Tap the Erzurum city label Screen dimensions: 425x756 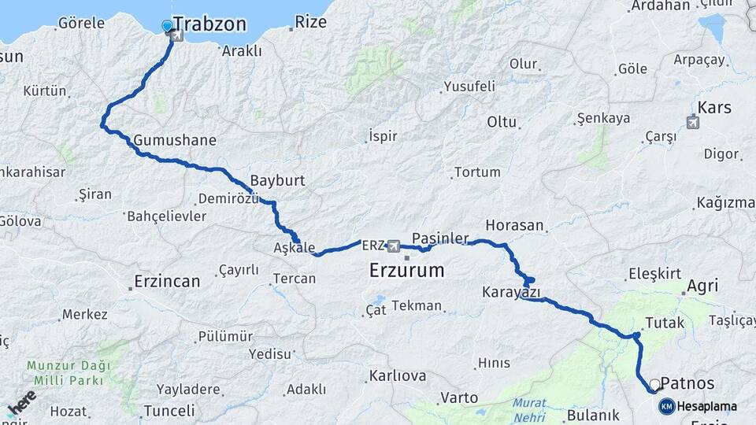coord(406,271)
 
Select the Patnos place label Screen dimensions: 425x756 coord(687,383)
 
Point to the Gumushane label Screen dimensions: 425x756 coord(175,140)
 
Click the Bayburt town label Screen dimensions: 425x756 coord(277,180)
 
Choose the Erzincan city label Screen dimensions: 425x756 coord(167,280)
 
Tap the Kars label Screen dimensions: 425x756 coord(714,108)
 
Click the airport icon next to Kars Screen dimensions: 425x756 coord(692,122)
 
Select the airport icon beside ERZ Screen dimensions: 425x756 coord(394,246)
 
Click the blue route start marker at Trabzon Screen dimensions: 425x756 coord(167,27)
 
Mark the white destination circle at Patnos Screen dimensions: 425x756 coord(654,383)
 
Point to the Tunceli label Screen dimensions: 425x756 coord(168,410)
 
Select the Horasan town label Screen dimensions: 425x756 coord(515,225)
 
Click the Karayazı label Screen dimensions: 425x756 coord(511,293)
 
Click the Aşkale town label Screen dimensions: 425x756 coord(295,247)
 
